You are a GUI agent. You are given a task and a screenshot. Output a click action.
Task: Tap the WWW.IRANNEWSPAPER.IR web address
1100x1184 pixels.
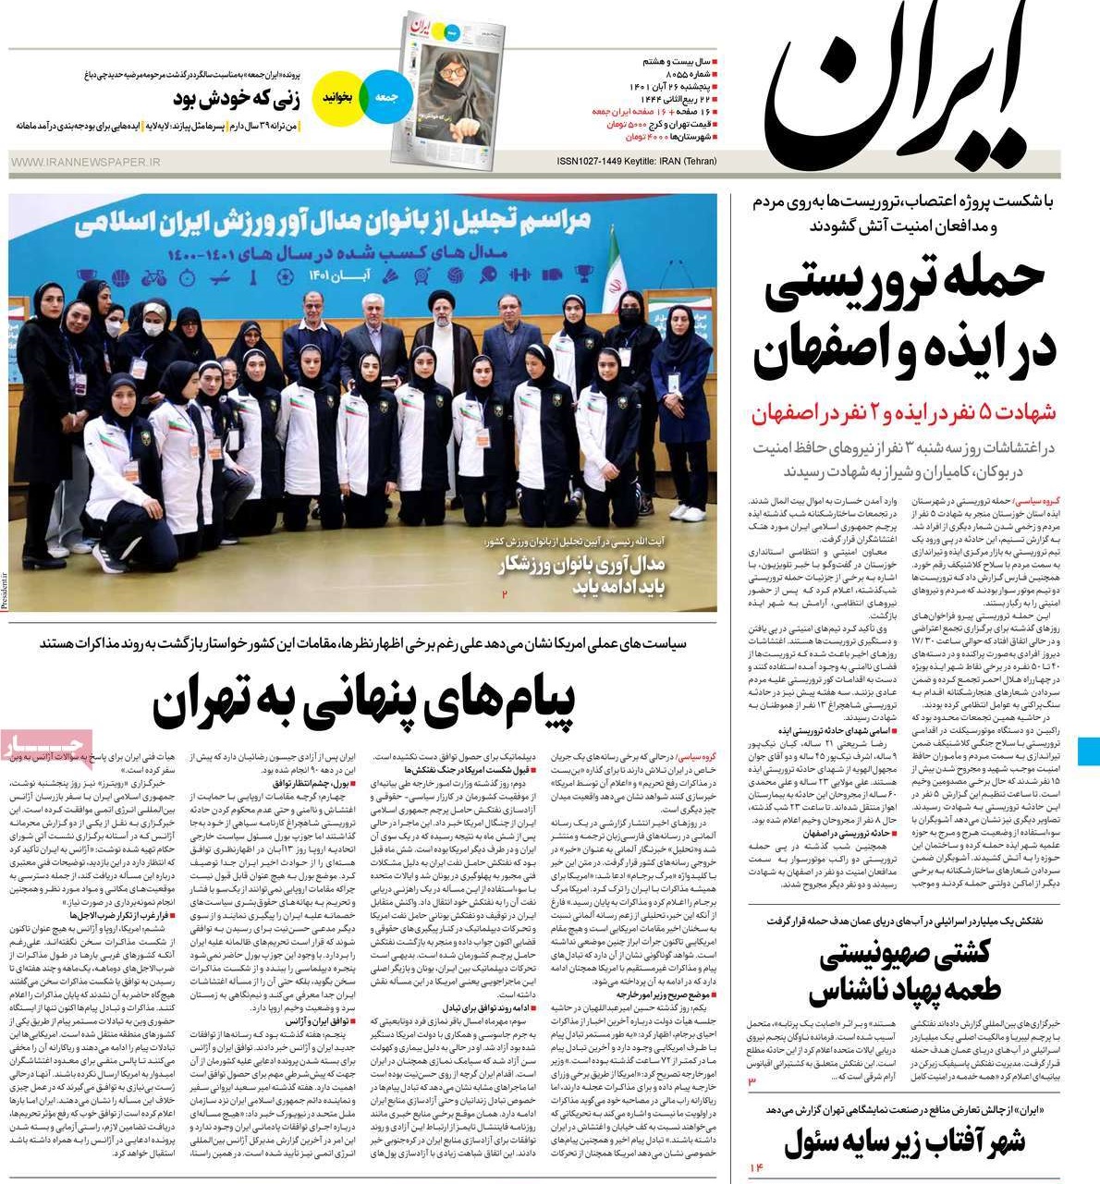pyautogui.click(x=85, y=163)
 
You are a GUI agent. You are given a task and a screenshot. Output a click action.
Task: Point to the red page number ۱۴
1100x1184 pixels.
pyautogui.click(x=757, y=1169)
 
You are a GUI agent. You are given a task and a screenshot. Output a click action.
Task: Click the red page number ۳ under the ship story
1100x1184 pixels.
pyautogui.click(x=752, y=1081)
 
